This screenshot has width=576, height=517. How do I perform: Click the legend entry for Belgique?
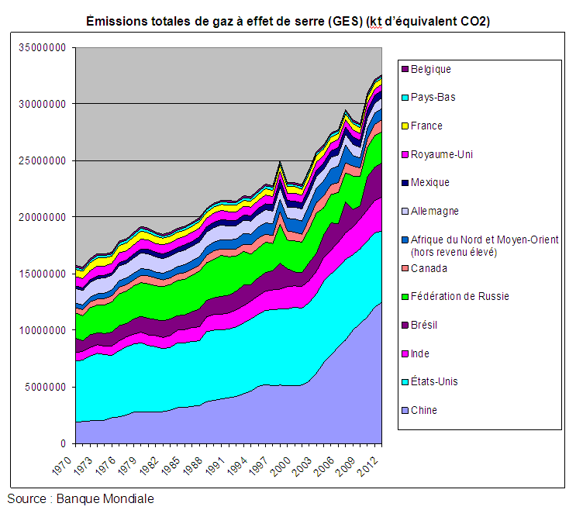(431, 69)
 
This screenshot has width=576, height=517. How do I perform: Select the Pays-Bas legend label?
(433, 98)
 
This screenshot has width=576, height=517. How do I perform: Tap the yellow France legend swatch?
(405, 126)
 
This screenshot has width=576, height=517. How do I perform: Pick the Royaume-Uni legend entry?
(441, 154)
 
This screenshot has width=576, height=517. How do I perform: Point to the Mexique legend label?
(430, 183)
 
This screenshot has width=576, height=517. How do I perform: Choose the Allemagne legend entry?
(435, 211)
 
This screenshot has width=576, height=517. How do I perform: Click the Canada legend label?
(429, 268)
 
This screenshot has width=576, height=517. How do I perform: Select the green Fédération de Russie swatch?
(405, 297)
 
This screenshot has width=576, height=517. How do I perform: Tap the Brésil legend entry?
(424, 326)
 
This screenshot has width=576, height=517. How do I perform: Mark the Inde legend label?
(420, 353)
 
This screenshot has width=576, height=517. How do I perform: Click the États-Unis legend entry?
(434, 382)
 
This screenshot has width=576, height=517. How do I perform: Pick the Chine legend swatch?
(405, 411)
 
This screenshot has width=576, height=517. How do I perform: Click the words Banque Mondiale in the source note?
(105, 499)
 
